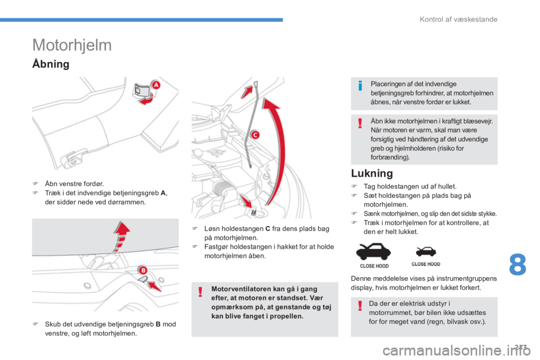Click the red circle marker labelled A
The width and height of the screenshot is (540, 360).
click(156, 85)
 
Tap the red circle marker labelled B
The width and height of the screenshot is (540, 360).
click(142, 270)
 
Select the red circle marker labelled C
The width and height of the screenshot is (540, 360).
click(255, 134)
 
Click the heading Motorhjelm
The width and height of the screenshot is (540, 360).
click(72, 45)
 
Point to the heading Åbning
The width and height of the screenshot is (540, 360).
click(51, 64)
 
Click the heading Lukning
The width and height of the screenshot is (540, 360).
click(372, 173)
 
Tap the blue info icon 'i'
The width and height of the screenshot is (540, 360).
click(360, 85)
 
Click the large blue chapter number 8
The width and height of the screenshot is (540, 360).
click(517, 264)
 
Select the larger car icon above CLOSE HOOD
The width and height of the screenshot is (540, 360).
click(373, 251)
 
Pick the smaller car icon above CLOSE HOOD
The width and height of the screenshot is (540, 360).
click(426, 252)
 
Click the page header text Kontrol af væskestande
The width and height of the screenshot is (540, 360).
click(458, 19)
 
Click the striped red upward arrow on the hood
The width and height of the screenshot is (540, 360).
click(121, 236)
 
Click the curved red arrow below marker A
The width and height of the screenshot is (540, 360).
click(147, 100)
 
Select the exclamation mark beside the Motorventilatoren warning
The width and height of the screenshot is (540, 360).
click(200, 292)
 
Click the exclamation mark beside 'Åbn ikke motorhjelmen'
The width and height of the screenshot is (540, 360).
click(360, 123)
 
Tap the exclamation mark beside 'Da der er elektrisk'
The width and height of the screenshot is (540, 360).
click(360, 305)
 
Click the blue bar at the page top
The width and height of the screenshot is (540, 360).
click(141, 20)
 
